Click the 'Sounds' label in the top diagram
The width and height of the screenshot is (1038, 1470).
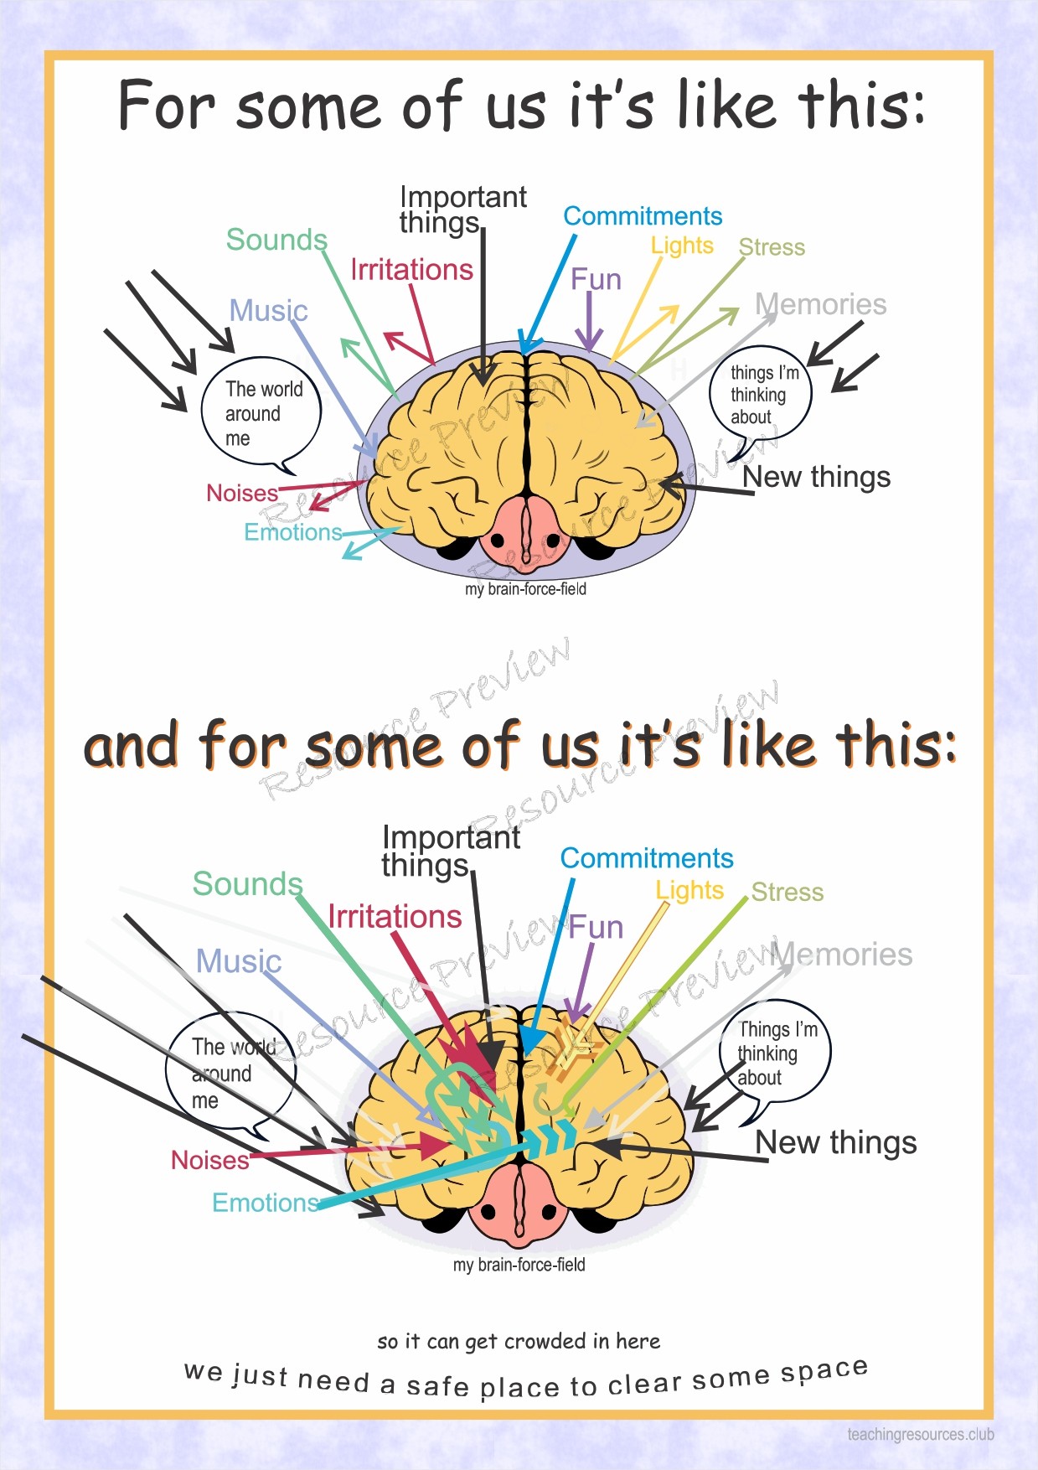pos(276,240)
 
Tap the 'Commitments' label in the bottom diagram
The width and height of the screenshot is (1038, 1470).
pos(647,858)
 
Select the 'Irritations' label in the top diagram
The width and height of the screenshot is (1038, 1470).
pos(411,270)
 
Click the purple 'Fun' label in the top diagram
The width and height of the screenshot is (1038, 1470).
pos(596,279)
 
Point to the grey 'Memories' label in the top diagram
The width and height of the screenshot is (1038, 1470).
pos(820,304)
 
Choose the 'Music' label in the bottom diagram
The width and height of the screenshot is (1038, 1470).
pos(239,961)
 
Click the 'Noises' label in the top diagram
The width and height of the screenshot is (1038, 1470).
pos(242,493)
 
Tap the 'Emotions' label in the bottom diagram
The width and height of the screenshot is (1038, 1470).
pos(266,1203)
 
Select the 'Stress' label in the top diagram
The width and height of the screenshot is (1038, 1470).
pos(772,247)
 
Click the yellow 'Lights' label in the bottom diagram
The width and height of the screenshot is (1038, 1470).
pos(689,890)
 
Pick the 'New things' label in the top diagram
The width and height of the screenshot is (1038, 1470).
pos(816,477)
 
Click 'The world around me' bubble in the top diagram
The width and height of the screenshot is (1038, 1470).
pos(261,413)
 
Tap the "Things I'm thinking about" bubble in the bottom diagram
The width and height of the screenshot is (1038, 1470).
pos(774,1053)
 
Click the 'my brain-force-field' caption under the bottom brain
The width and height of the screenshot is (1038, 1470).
pos(519,1265)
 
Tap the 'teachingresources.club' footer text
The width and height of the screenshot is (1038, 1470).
pos(920,1434)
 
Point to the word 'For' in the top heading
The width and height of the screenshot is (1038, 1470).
pos(167,106)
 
